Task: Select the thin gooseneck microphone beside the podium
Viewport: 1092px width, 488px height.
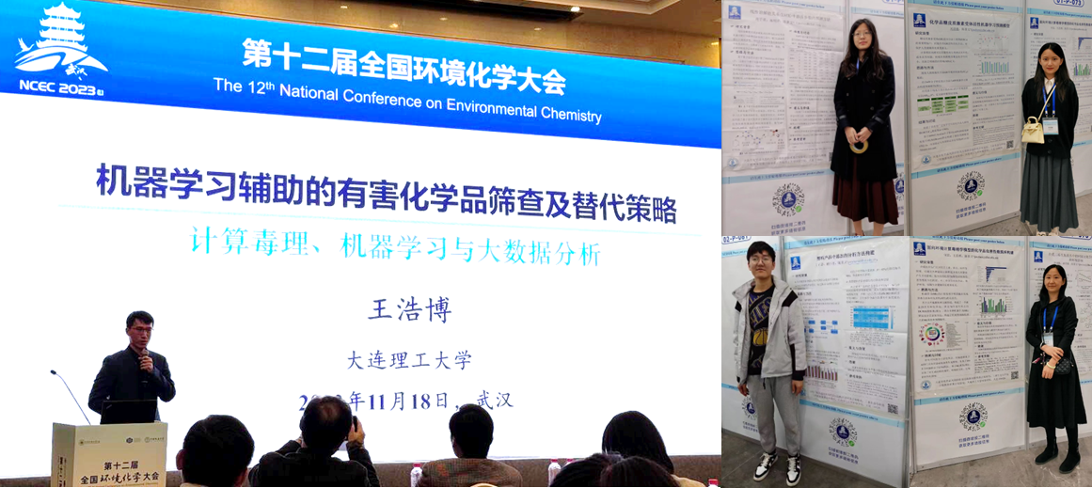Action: pos(70,394)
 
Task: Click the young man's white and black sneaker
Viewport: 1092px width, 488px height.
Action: pos(765,466)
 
